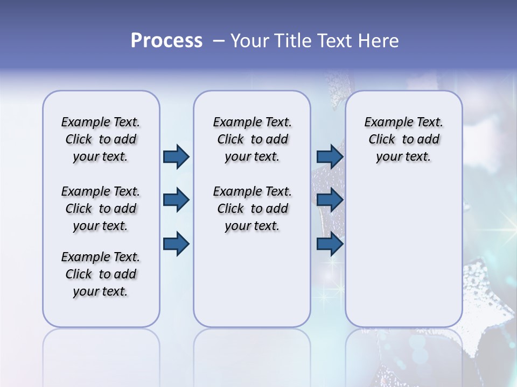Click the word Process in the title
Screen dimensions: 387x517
(166, 41)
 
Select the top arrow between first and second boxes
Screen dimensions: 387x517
(176, 156)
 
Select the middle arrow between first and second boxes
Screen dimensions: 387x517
(176, 200)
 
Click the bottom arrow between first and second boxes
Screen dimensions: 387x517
(176, 244)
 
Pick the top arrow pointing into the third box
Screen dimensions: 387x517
(330, 156)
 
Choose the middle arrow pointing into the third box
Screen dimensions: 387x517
(330, 200)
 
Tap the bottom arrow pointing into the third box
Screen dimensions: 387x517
(330, 244)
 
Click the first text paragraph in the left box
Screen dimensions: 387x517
(101, 139)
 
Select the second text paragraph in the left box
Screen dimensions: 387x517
(101, 209)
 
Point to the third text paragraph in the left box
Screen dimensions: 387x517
(101, 274)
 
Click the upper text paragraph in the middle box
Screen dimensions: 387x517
(252, 139)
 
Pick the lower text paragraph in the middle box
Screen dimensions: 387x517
(252, 209)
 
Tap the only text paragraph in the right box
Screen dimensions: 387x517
(403, 139)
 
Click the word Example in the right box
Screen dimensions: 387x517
(385, 123)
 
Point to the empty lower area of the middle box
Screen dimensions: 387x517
(252, 279)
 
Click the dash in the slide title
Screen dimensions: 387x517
(219, 41)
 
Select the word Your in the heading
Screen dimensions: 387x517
(250, 41)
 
